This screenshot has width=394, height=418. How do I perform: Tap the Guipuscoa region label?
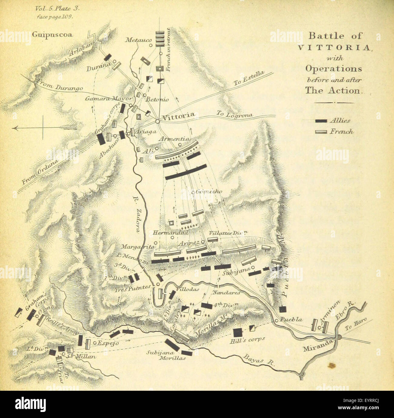[52, 34]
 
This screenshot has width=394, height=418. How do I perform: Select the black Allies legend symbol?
[321, 121]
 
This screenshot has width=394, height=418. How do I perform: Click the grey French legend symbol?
[321, 132]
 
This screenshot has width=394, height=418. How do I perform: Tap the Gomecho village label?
[209, 192]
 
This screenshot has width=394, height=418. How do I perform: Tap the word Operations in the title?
[333, 68]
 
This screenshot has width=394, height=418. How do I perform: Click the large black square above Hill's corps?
[238, 333]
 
